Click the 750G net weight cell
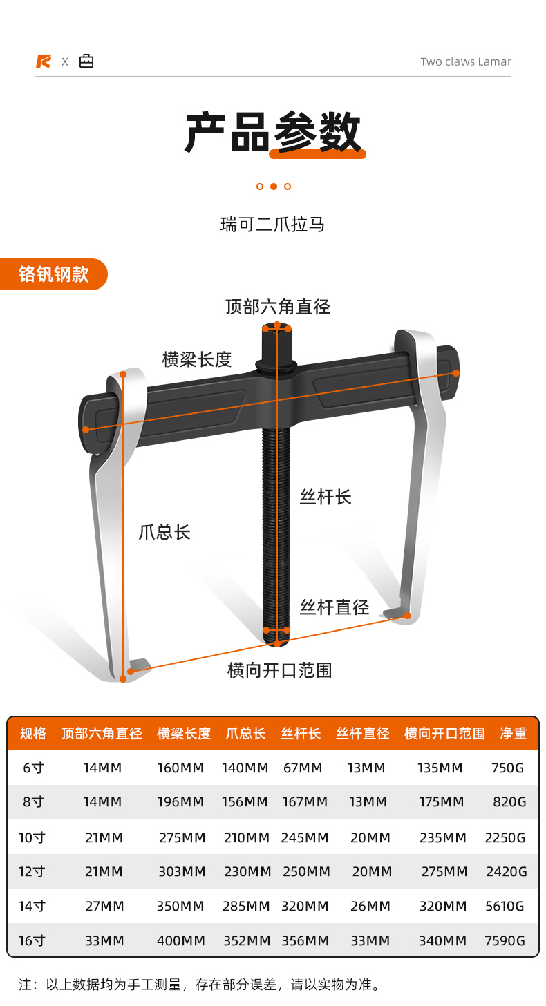[x=508, y=768]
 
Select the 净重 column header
[x=513, y=734]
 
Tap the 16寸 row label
[x=31, y=940]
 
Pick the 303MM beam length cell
[x=181, y=872]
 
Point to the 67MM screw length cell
[x=303, y=768]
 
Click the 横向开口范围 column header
[x=444, y=734]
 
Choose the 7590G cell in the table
[x=505, y=940]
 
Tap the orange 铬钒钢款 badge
[x=54, y=274]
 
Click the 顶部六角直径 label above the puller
[x=278, y=307]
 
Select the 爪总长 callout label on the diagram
[x=164, y=532]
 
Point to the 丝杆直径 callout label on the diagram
[x=335, y=607]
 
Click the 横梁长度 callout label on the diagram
[x=197, y=359]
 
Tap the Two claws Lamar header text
[x=466, y=61]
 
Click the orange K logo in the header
[x=44, y=61]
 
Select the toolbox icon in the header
[x=86, y=61]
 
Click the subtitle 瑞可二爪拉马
[x=272, y=225]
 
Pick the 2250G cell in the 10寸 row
[x=505, y=837]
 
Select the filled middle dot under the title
[x=274, y=187]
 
